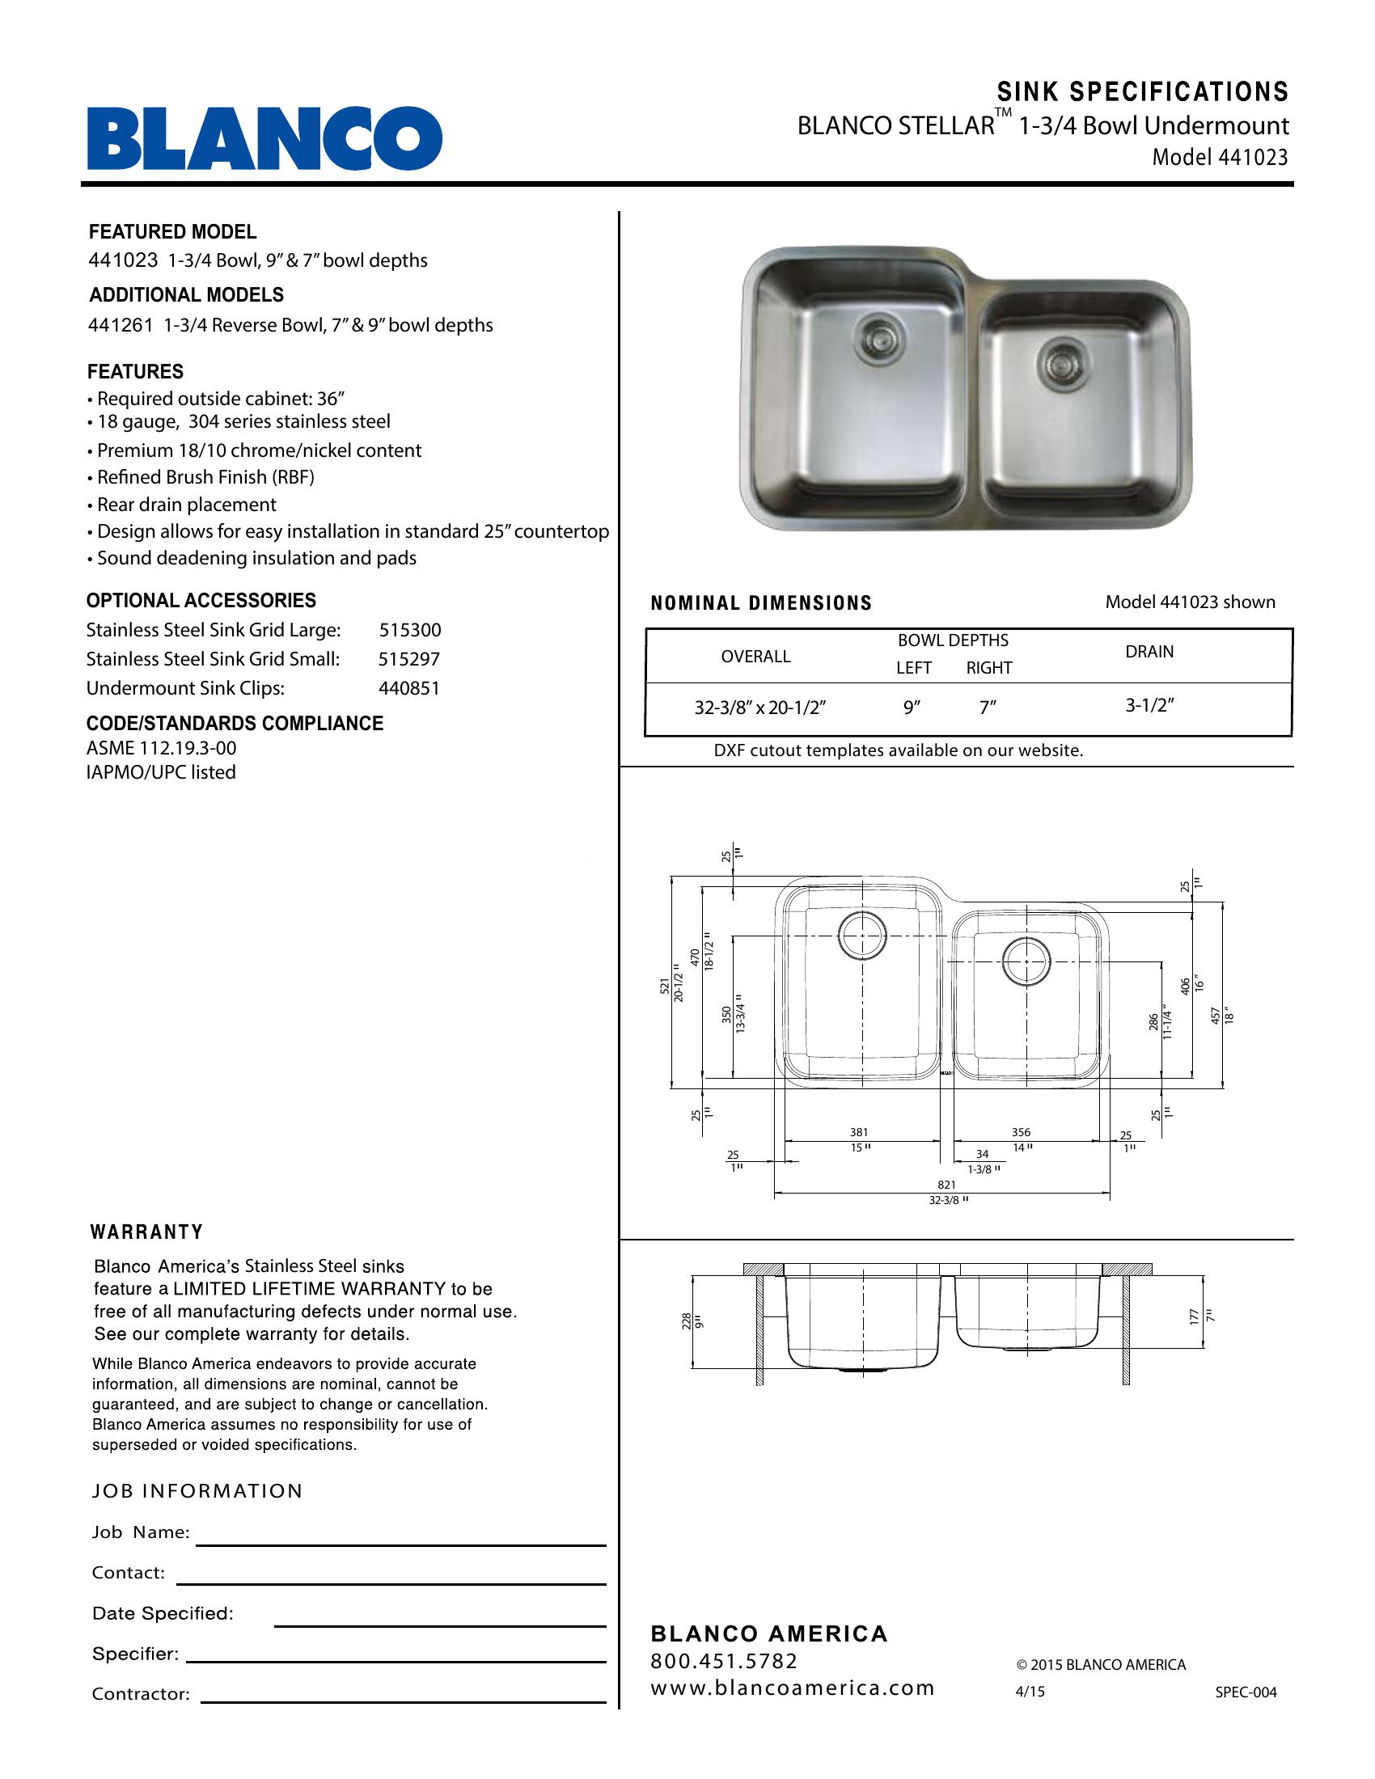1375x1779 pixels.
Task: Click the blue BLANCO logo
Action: tap(264, 137)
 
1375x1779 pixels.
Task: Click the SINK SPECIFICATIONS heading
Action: tap(1143, 91)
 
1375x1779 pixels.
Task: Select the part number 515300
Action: tap(410, 630)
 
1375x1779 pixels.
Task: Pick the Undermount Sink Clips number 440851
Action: tap(409, 688)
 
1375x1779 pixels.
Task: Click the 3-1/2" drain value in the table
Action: tap(1149, 705)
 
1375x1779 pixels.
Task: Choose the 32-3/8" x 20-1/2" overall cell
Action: tap(760, 708)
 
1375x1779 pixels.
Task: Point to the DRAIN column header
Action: tap(1149, 652)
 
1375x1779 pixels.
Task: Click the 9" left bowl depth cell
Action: tap(912, 708)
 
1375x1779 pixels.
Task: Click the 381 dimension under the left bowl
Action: tap(858, 1132)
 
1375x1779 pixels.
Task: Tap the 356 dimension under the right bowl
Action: tap(1021, 1132)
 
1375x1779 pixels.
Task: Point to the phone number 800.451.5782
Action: tap(724, 1661)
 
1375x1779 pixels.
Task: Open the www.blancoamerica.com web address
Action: tap(792, 1688)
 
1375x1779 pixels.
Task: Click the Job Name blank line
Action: tap(400, 1543)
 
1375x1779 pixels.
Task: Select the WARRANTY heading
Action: tap(146, 1232)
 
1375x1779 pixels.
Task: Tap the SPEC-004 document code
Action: tap(1246, 1692)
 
